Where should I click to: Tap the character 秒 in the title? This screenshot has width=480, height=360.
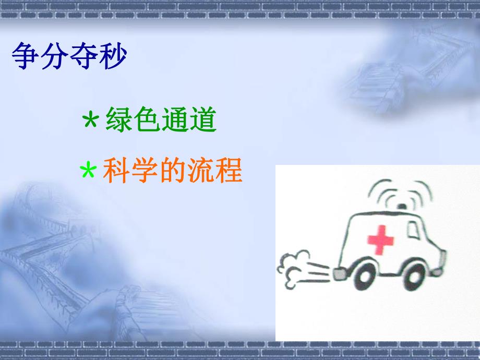tap(112, 57)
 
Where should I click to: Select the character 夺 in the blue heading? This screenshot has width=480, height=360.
tap(83, 57)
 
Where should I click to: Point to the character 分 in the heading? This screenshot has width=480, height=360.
tap(54, 57)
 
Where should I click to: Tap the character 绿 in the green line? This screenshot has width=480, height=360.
tap(119, 121)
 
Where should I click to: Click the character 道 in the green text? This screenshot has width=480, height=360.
tap(203, 121)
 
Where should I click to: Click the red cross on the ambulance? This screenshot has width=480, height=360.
tap(381, 238)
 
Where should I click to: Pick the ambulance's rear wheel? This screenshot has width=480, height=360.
tap(364, 277)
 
